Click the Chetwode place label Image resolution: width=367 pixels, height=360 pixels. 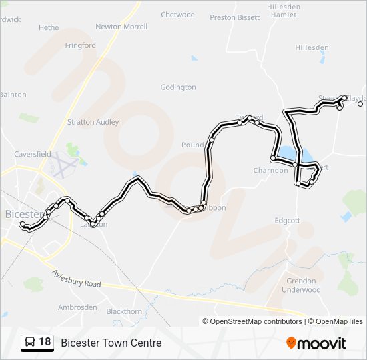[177, 15]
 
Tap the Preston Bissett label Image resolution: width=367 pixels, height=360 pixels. [234, 17]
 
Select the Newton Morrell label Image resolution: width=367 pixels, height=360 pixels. [121, 27]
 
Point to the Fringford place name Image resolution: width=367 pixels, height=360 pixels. [81, 46]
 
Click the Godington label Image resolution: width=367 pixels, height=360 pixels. [178, 87]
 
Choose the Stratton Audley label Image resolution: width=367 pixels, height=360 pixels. [93, 122]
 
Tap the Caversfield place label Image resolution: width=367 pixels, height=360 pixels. [34, 154]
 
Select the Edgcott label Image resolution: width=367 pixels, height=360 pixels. [288, 221]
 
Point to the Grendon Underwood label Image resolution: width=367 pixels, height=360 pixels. [301, 285]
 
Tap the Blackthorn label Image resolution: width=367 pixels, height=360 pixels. [124, 311]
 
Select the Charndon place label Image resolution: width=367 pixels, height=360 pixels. [270, 170]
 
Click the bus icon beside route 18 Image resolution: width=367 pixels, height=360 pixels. [30, 343]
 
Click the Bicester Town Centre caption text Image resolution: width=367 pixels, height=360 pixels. [111, 343]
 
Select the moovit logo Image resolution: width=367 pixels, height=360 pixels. [316, 343]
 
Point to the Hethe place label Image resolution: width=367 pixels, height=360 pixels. [49, 28]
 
